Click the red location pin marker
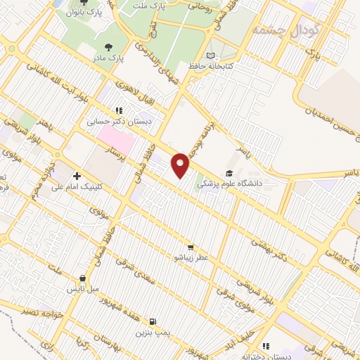181,165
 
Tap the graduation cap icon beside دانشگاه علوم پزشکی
229,173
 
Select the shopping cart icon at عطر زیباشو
191,247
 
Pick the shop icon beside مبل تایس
83,278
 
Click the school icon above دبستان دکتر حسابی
120,110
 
